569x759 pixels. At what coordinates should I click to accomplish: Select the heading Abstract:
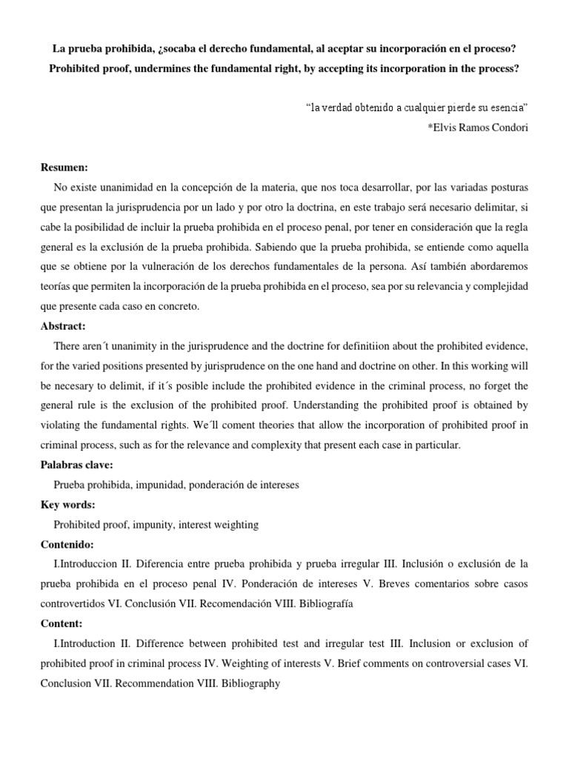[64, 325]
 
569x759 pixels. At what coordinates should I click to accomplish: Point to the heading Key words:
[69, 505]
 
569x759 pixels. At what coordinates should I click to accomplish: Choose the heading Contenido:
[70, 544]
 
